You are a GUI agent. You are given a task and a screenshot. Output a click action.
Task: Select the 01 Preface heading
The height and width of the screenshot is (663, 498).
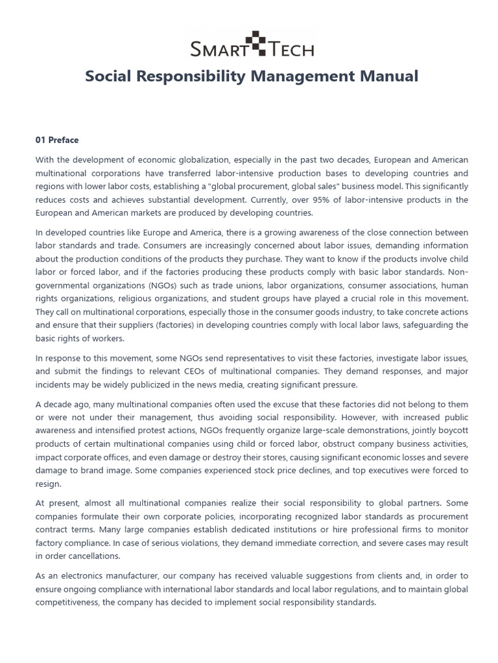pyautogui.click(x=57, y=140)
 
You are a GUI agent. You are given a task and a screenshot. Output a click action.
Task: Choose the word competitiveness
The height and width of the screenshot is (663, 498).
pyautogui.click(x=69, y=601)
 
